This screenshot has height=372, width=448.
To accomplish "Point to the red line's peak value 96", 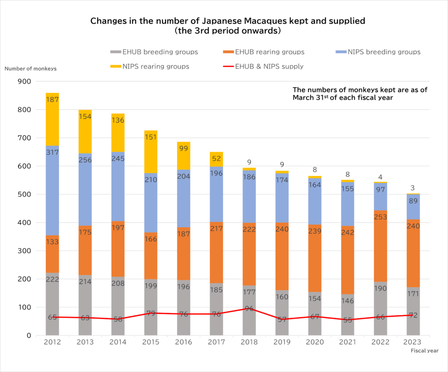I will click(249, 308).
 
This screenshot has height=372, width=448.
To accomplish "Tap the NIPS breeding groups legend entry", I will click(378, 52).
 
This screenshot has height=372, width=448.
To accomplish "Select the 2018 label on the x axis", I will click(249, 342).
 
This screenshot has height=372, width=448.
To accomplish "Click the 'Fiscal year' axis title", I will click(424, 351).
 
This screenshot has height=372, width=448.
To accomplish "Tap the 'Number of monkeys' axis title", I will click(31, 68).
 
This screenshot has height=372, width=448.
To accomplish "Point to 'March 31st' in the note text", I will click(309, 98).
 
